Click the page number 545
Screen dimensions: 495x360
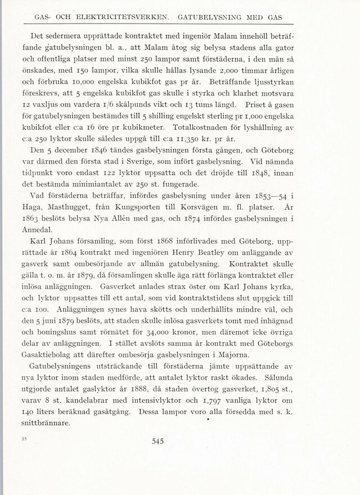[x=157, y=442]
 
